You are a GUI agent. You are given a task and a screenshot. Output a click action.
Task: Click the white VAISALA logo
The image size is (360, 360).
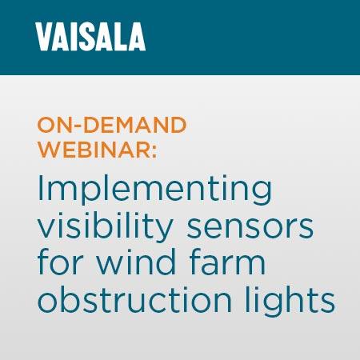click(x=90, y=38)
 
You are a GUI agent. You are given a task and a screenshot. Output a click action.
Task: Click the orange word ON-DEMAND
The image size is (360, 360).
click(x=111, y=126)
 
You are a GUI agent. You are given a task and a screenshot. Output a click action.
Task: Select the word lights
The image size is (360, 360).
click(x=290, y=302)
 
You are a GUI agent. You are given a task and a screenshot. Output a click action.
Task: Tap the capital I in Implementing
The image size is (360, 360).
click(x=40, y=190)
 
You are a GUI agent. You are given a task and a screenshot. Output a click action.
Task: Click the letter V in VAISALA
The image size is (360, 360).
click(x=44, y=38)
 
